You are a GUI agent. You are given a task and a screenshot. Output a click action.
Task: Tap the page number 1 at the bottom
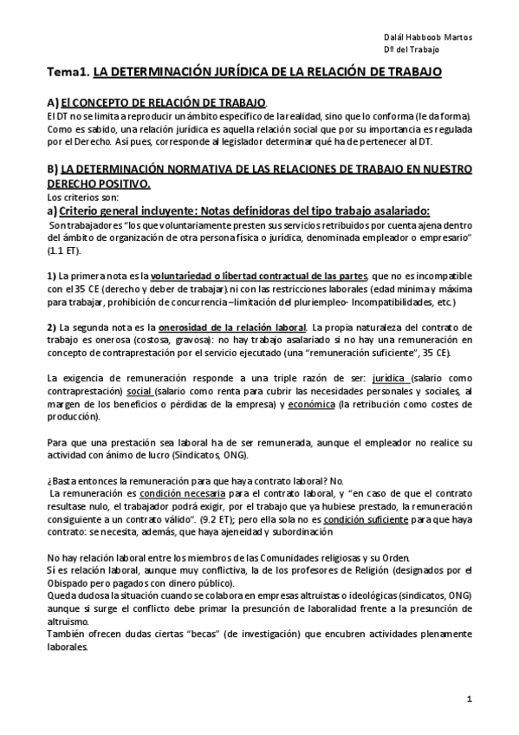pos(469,699)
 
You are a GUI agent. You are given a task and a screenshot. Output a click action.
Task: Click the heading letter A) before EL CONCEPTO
pos(52,102)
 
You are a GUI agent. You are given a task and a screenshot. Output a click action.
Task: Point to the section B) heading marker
pos(52,169)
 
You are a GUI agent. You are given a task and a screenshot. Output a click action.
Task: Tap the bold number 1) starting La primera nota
pos(52,276)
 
